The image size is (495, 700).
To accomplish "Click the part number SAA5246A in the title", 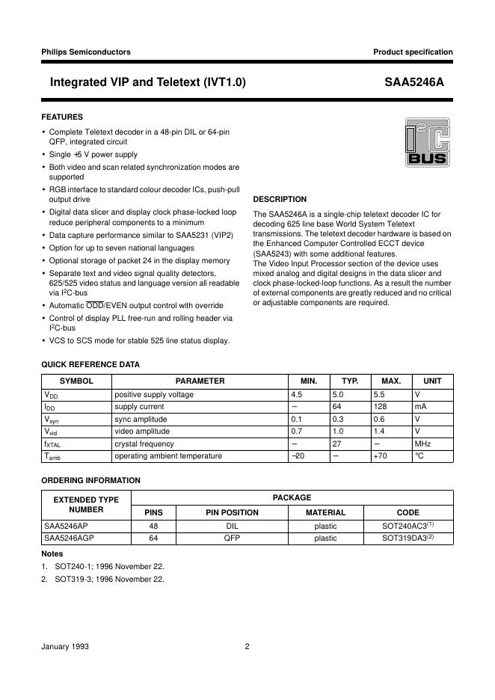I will [419, 82].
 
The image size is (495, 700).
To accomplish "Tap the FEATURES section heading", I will [62, 117].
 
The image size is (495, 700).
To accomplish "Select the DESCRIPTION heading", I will [280, 199].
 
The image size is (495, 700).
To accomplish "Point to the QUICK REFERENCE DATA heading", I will [90, 364].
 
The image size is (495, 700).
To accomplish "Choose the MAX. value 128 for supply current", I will [381, 407].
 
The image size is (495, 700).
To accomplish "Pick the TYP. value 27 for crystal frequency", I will [336, 443].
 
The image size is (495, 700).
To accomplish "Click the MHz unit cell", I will [422, 443].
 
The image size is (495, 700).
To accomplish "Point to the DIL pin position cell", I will [231, 526].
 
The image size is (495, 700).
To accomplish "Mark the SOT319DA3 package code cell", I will [408, 538].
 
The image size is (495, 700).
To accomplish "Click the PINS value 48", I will [153, 526].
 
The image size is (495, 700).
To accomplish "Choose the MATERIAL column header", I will [325, 512].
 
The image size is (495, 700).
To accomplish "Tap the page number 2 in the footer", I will [247, 647].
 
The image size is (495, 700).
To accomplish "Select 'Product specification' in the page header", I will [413, 52].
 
